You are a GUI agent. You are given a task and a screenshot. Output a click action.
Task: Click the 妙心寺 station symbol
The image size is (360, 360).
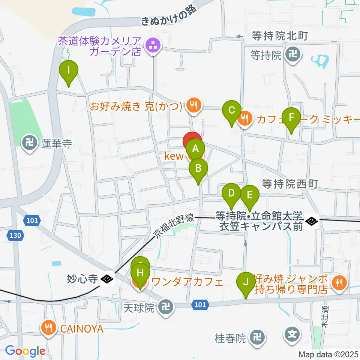tap(107, 279)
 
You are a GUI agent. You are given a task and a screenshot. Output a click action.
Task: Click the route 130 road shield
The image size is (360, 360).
tap(15, 235)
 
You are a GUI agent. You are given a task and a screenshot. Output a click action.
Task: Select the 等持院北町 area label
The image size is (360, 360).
tap(280, 36)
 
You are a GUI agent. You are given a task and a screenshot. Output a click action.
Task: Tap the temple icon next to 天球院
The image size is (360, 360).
tap(166, 308)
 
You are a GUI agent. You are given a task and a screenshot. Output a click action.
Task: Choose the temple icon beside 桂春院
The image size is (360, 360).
tap(258, 338)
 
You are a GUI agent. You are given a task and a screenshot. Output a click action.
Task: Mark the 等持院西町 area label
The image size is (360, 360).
tap(290, 184)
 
